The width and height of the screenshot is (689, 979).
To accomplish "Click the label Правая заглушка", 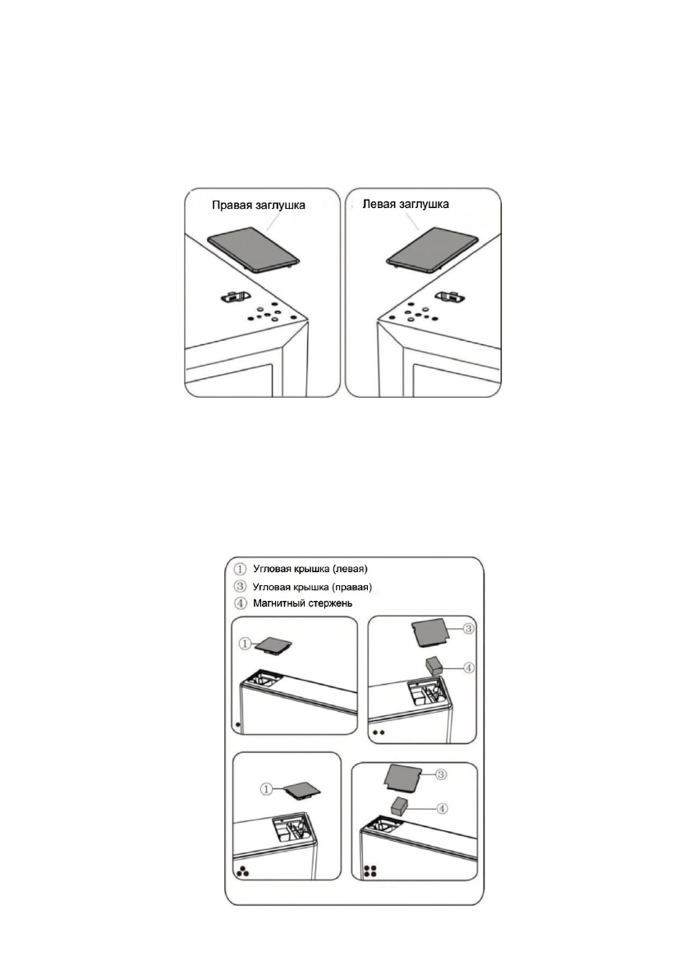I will (259, 205).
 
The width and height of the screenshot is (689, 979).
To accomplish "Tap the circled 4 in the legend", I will (240, 603).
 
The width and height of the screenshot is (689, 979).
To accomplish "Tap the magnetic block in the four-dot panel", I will (400, 806).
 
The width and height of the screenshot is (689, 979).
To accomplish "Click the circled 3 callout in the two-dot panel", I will (468, 631).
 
